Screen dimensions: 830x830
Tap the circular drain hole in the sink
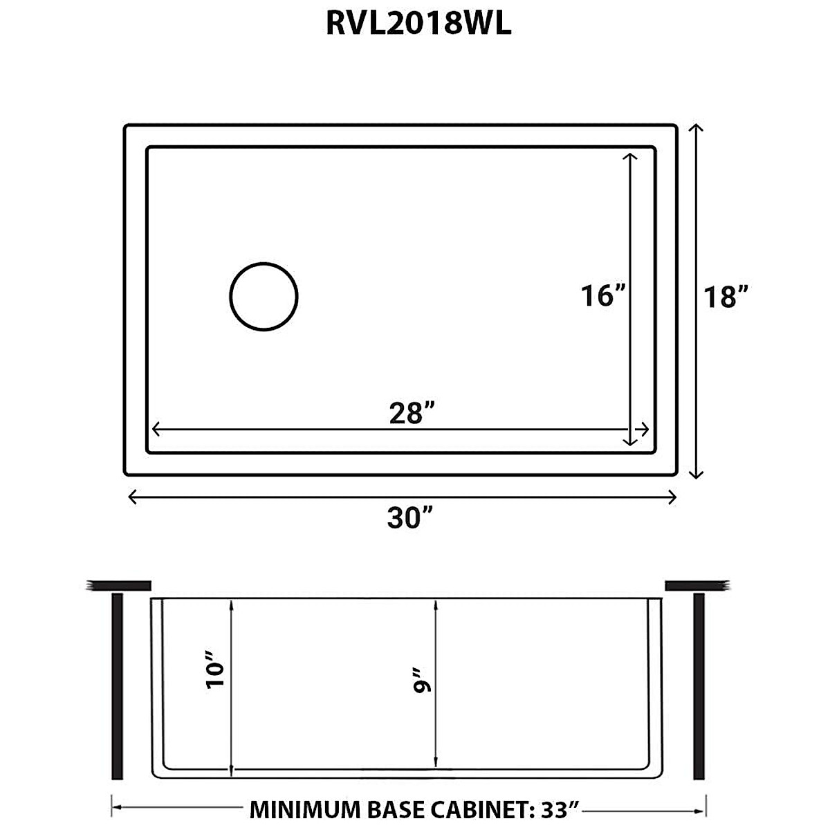click(x=264, y=296)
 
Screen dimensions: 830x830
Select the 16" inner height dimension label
click(x=602, y=296)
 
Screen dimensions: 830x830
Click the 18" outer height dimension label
click(x=725, y=297)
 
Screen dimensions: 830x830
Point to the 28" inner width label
click(x=411, y=414)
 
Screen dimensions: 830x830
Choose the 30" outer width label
click(x=409, y=517)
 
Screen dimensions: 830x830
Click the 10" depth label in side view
click(x=216, y=673)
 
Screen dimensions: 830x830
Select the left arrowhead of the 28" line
click(x=155, y=430)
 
